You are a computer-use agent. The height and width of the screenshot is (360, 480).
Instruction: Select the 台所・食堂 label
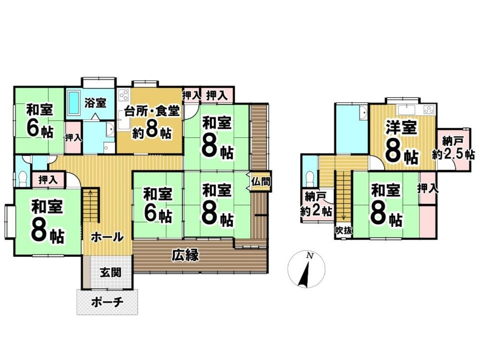(x=151, y=111)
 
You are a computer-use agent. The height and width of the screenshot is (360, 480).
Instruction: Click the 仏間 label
(x=261, y=182)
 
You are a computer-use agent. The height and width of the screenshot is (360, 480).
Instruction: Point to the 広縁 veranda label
(x=185, y=255)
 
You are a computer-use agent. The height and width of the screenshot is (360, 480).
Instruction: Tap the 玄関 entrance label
(x=110, y=273)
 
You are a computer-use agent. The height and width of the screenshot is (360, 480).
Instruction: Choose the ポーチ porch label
(x=107, y=303)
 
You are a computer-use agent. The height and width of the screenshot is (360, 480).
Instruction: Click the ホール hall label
(x=107, y=237)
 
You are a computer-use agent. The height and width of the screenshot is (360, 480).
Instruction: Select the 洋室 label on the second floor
(x=401, y=127)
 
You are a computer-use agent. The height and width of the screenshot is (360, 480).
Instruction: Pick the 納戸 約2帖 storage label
(x=317, y=204)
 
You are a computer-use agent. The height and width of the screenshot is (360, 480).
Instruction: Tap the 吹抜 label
(x=344, y=231)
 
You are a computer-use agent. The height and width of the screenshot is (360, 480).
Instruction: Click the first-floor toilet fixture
(x=23, y=178)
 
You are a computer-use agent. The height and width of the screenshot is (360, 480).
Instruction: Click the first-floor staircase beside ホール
(x=90, y=205)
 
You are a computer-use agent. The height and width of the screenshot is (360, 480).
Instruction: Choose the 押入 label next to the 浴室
(x=73, y=137)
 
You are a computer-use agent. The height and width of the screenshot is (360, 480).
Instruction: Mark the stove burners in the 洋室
(x=430, y=109)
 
